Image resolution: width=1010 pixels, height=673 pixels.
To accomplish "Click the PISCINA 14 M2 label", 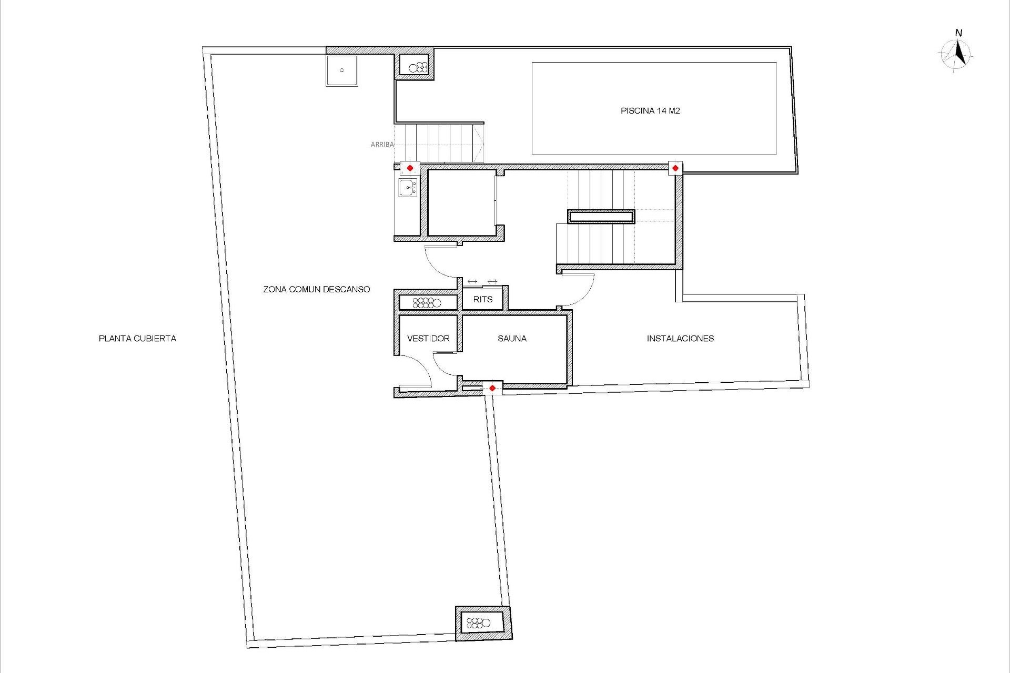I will (650, 111).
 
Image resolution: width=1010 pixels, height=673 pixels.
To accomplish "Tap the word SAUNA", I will (512, 339).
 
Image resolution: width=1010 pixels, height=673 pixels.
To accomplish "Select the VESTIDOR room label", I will (428, 339).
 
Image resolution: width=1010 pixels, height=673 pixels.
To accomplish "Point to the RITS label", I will (482, 300).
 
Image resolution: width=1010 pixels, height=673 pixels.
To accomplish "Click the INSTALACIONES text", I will (680, 339).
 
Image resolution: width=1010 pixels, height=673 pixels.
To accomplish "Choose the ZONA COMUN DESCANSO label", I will (317, 289).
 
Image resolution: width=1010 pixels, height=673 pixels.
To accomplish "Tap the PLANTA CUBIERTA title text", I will (137, 339).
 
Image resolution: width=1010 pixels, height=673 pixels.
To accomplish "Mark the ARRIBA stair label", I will (382, 144).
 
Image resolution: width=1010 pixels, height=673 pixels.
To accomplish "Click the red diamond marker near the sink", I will (410, 168).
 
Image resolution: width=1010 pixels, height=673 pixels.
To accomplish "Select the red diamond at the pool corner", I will (675, 168).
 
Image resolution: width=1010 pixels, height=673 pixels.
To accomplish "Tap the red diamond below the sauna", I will (492, 389).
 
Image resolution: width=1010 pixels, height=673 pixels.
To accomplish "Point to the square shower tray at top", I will (341, 70).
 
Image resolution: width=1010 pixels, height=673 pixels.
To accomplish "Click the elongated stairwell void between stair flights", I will (601, 217).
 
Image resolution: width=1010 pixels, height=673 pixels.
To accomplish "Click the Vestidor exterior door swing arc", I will (420, 369).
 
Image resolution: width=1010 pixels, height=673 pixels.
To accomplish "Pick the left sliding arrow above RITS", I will (472, 282).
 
